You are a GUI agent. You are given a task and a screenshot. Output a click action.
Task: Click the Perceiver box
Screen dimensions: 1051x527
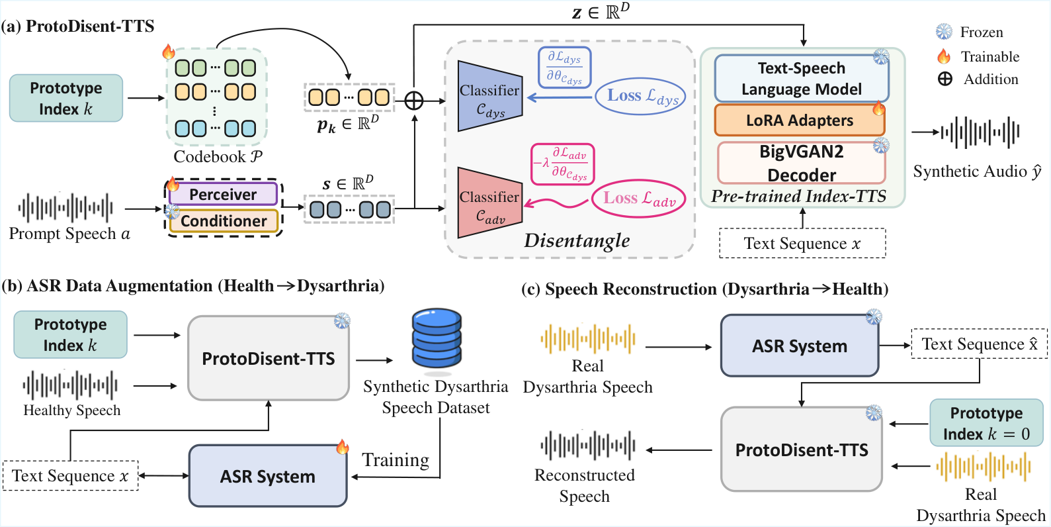tap(223, 194)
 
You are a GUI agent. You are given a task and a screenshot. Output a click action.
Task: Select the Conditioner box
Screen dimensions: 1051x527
tap(224, 220)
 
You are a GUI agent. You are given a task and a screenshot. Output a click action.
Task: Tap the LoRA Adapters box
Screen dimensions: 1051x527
tap(800, 120)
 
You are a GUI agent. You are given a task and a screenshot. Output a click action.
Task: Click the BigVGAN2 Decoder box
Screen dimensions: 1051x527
tap(802, 163)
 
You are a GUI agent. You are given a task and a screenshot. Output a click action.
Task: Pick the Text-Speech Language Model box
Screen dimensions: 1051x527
tap(802, 78)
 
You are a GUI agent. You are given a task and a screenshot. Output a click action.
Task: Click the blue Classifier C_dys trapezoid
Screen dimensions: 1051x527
tap(490, 96)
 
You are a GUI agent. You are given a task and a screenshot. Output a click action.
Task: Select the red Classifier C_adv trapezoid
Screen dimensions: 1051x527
tap(490, 203)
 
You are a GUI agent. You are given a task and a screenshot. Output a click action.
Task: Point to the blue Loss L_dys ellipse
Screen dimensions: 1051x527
tap(640, 96)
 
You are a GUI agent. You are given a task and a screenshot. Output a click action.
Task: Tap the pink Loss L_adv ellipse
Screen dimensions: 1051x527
tap(638, 198)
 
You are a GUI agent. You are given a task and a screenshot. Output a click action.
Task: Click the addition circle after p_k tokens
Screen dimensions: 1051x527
tap(414, 101)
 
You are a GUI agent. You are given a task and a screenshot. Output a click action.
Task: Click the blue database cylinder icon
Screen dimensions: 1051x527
tap(437, 338)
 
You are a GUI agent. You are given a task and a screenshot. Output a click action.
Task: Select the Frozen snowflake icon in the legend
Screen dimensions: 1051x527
tap(944, 32)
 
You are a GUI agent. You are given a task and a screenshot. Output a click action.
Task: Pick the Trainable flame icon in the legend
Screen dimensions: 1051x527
tap(944, 56)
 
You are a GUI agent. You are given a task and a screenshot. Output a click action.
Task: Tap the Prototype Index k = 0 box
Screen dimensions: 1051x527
tap(986, 423)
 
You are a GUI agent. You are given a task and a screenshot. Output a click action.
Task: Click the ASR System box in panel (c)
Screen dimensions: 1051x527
tap(800, 346)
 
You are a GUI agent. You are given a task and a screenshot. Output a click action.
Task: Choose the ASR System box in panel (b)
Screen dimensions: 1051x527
tap(268, 476)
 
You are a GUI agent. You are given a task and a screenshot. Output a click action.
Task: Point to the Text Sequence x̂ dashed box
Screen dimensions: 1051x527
tap(979, 344)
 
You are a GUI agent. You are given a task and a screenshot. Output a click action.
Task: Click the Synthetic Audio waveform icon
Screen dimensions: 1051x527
tap(980, 132)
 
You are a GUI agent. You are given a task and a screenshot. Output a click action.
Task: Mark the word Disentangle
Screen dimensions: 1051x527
tap(577, 240)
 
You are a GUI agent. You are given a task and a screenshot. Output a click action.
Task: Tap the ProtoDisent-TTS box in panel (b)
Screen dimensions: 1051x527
tap(269, 358)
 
